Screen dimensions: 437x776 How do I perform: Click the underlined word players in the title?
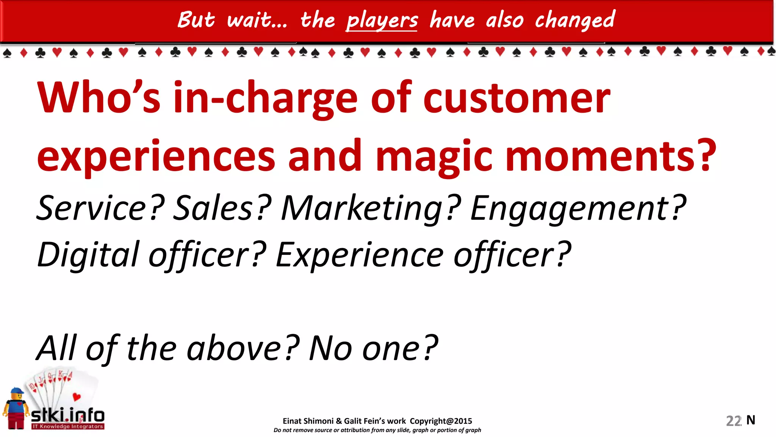tap(382, 20)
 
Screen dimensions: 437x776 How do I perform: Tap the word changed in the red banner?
tap(575, 20)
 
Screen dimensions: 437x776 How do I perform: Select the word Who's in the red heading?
tap(99, 98)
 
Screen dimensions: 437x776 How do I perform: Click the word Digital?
tap(88, 255)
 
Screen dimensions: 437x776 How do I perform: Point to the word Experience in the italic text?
tap(359, 255)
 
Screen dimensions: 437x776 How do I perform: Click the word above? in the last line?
tap(243, 348)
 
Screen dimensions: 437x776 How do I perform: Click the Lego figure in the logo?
tap(16, 409)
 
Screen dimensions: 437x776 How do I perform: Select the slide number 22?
tap(733, 421)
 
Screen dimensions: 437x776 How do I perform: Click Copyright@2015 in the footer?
tap(441, 421)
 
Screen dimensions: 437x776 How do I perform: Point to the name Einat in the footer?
tap(292, 421)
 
